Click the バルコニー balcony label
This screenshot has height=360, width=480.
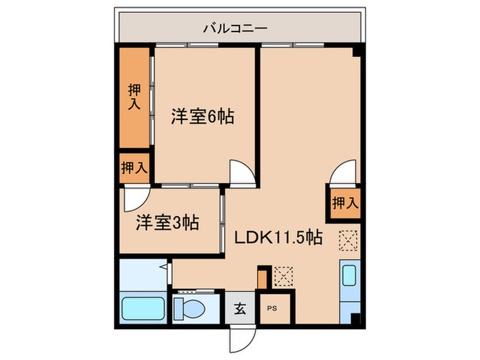(235, 29)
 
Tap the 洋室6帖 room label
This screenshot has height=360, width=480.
(202, 117)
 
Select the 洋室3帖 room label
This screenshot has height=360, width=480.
(167, 222)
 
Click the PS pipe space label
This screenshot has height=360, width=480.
(273, 308)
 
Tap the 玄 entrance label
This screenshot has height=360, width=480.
(241, 308)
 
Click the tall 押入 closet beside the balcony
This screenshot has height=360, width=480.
(134, 97)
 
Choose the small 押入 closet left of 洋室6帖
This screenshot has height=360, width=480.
(134, 167)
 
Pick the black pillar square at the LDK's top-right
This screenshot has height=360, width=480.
(356, 52)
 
